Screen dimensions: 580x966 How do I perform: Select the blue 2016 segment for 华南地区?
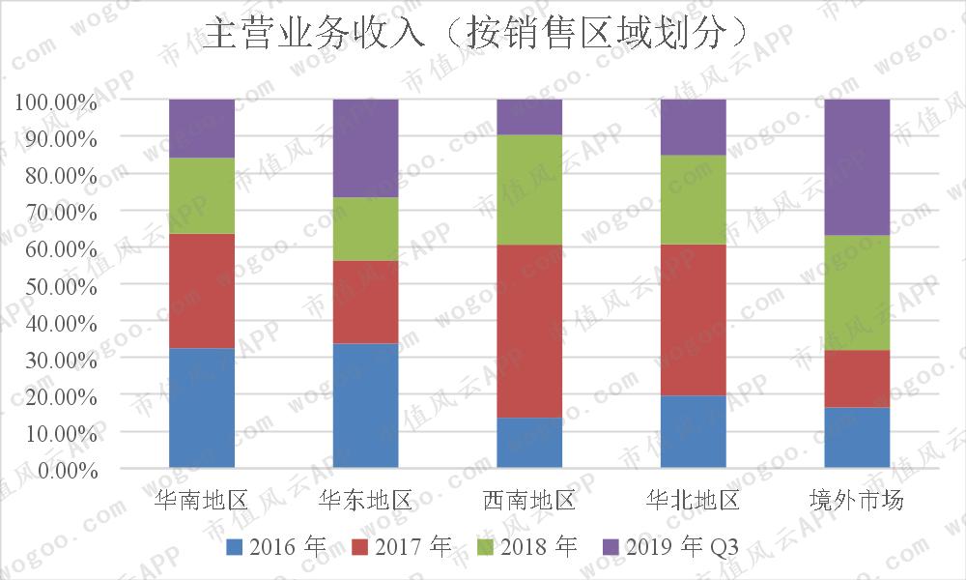pyautogui.click(x=202, y=408)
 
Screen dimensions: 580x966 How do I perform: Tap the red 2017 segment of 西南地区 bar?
pyautogui.click(x=529, y=331)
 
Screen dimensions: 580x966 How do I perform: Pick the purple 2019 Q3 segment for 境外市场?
pyautogui.click(x=857, y=166)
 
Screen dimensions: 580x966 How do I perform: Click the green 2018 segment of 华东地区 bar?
pyautogui.click(x=365, y=229)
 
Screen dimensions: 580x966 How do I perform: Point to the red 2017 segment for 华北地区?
pyautogui.click(x=694, y=319)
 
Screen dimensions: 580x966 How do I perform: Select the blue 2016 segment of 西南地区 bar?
pyautogui.click(x=529, y=443)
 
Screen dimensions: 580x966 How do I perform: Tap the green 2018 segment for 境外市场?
pyautogui.click(x=857, y=292)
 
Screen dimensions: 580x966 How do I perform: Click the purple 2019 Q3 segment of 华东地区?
pyautogui.click(x=365, y=148)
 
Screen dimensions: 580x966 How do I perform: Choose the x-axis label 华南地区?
pyautogui.click(x=202, y=501)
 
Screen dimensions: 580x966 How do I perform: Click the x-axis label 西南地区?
pyautogui.click(x=529, y=501)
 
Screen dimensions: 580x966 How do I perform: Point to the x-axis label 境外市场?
pyautogui.click(x=857, y=501)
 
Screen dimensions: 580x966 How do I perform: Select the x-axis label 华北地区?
pyautogui.click(x=694, y=501)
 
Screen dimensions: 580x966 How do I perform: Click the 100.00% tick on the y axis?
pyautogui.click(x=56, y=101)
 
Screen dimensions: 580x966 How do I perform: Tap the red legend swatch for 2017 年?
pyautogui.click(x=359, y=548)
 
